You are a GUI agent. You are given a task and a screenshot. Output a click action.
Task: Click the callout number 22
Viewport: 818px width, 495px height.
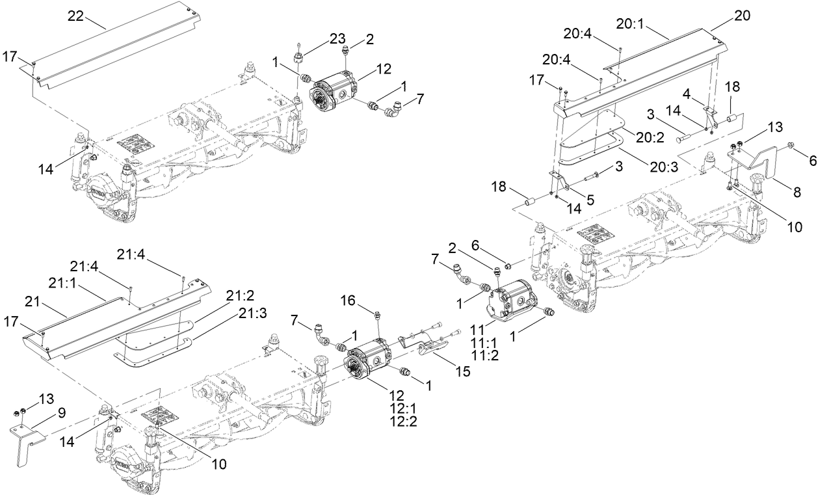point(76,16)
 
